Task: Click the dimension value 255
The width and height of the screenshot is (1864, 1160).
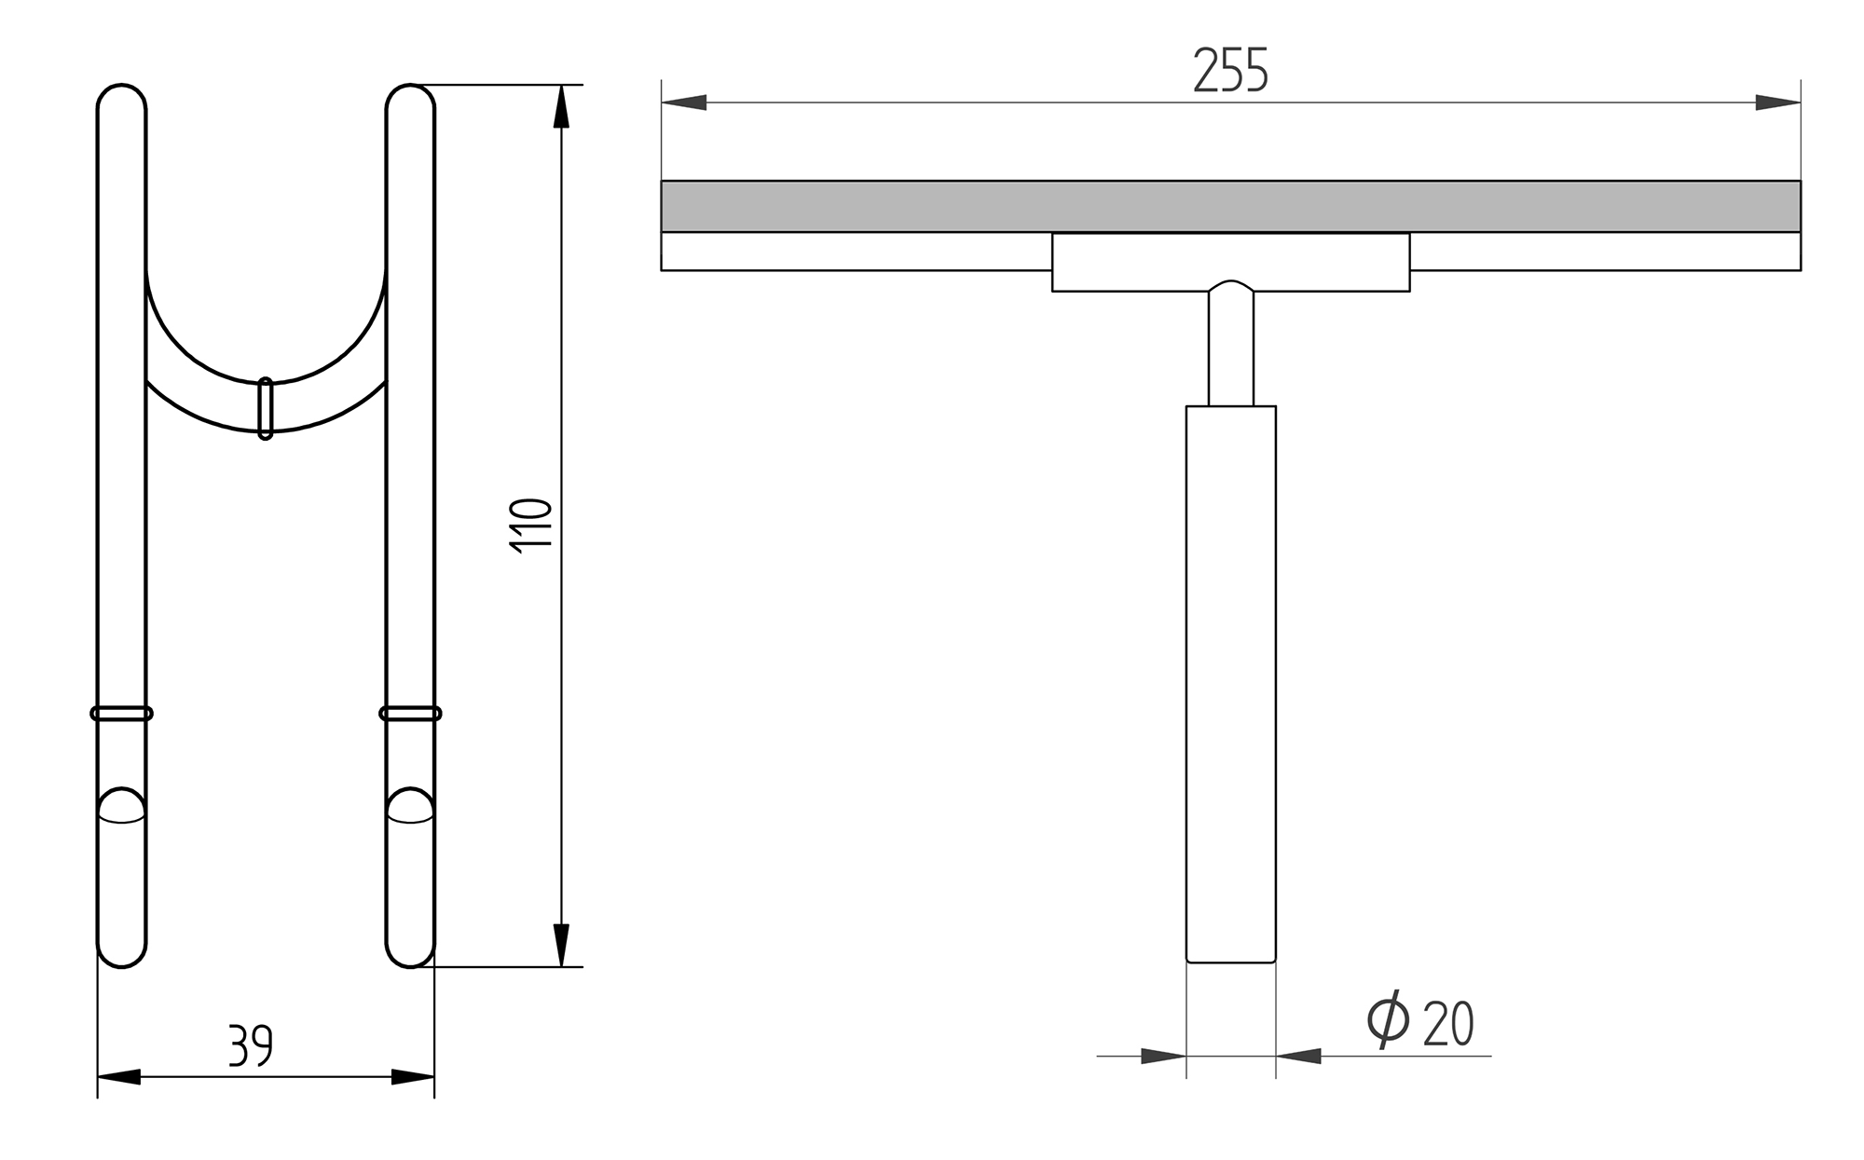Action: pos(1230,70)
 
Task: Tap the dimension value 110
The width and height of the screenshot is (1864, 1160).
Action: pos(533,527)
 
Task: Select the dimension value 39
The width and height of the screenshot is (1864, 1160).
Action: pos(251,1045)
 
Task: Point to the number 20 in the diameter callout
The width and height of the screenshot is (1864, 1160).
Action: pos(1448,1023)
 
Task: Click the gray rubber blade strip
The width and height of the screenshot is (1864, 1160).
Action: pos(1230,206)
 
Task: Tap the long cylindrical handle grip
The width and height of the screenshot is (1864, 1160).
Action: pos(1230,684)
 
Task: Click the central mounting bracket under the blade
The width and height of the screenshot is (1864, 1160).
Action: pos(1230,262)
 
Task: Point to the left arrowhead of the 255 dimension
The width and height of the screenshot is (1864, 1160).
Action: pos(684,102)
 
